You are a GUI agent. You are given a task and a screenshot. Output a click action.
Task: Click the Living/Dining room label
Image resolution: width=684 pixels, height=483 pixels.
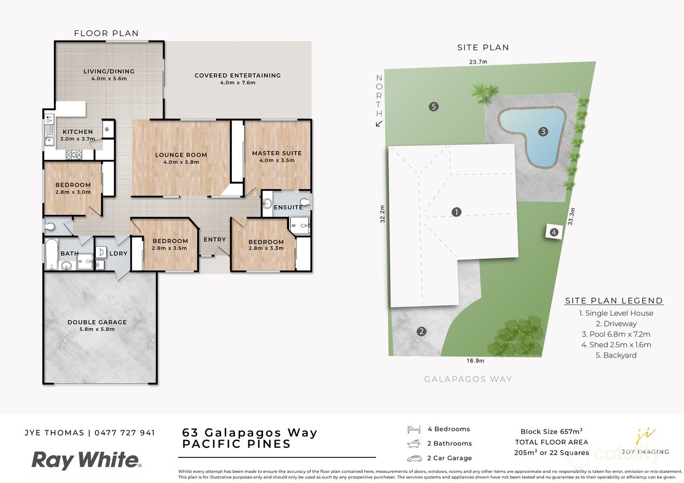pyautogui.click(x=109, y=71)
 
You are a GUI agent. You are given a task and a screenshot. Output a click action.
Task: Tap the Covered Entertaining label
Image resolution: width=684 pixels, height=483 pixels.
pyautogui.click(x=237, y=75)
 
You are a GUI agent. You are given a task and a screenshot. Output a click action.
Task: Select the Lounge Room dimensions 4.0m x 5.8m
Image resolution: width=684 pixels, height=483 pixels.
pyautogui.click(x=181, y=162)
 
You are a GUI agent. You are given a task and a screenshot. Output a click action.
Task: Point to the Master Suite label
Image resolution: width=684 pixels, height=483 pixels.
pyautogui.click(x=277, y=153)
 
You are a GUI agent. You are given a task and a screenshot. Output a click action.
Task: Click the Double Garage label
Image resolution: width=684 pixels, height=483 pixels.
pyautogui.click(x=97, y=322)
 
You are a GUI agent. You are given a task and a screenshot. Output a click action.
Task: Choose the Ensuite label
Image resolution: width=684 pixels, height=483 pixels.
pyautogui.click(x=288, y=207)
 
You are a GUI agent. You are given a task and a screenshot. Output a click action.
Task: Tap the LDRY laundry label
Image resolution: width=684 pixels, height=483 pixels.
pyautogui.click(x=119, y=253)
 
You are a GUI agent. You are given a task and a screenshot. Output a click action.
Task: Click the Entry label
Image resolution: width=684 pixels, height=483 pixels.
pyautogui.click(x=215, y=239)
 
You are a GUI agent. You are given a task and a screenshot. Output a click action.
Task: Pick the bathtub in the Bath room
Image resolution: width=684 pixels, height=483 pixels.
pyautogui.click(x=51, y=255)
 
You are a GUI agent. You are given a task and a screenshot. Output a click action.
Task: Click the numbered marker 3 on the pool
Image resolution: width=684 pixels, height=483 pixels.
pyautogui.click(x=543, y=131)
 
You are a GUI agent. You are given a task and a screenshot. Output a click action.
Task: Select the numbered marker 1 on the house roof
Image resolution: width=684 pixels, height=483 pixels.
pyautogui.click(x=456, y=212)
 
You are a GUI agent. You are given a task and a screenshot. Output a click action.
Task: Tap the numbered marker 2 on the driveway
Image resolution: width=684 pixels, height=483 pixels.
pyautogui.click(x=422, y=331)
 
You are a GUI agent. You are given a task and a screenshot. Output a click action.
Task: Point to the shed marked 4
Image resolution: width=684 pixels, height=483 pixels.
pyautogui.click(x=554, y=232)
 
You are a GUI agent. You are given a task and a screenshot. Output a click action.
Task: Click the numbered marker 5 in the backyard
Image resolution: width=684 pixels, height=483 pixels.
pyautogui.click(x=434, y=106)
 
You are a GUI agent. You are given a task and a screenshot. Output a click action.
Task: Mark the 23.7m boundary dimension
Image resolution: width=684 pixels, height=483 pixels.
pyautogui.click(x=478, y=62)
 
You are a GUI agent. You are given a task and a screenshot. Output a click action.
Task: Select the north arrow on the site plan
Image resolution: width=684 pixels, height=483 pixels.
pyautogui.click(x=379, y=124)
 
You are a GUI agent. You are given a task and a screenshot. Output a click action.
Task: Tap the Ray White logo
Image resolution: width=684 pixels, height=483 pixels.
pyautogui.click(x=86, y=460)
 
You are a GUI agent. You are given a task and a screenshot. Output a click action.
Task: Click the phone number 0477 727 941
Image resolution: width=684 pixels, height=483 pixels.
pyautogui.click(x=125, y=433)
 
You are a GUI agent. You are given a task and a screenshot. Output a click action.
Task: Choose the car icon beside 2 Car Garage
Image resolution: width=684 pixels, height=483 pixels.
pyautogui.click(x=414, y=458)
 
